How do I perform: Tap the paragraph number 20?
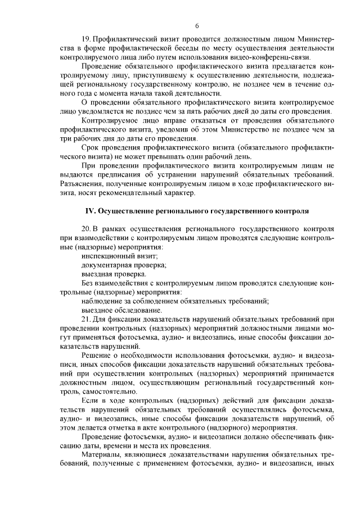(86, 229)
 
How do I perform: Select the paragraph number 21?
(86, 319)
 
